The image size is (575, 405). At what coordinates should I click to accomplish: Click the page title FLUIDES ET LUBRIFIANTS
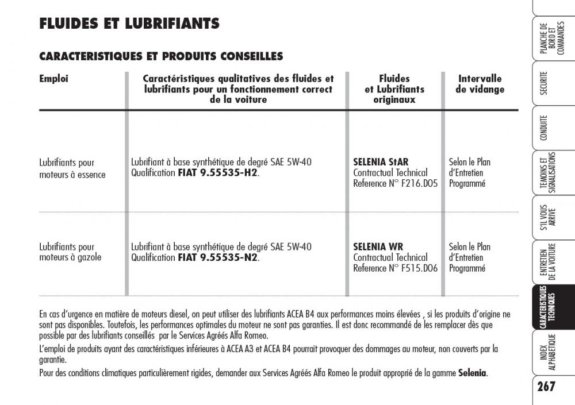tap(129, 24)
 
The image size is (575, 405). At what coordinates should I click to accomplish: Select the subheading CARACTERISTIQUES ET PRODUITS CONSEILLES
tap(161, 56)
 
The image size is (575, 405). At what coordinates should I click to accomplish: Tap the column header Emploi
tap(53, 79)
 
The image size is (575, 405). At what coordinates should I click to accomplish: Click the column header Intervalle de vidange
tap(480, 84)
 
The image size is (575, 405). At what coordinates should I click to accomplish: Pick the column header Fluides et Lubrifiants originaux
tap(394, 89)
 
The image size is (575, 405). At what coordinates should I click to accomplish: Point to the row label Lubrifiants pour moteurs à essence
tap(72, 168)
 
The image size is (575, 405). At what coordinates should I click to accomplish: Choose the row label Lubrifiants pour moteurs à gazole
tap(70, 252)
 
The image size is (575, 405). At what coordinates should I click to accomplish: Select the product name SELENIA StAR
tap(381, 162)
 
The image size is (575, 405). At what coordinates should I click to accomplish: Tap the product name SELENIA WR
tap(378, 247)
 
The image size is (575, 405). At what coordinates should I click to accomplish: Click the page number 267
tap(547, 385)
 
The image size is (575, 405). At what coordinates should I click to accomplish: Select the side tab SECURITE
tap(543, 84)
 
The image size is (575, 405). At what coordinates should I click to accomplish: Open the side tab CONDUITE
tap(543, 128)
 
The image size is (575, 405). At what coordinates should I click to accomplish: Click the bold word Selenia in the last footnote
tap(472, 373)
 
